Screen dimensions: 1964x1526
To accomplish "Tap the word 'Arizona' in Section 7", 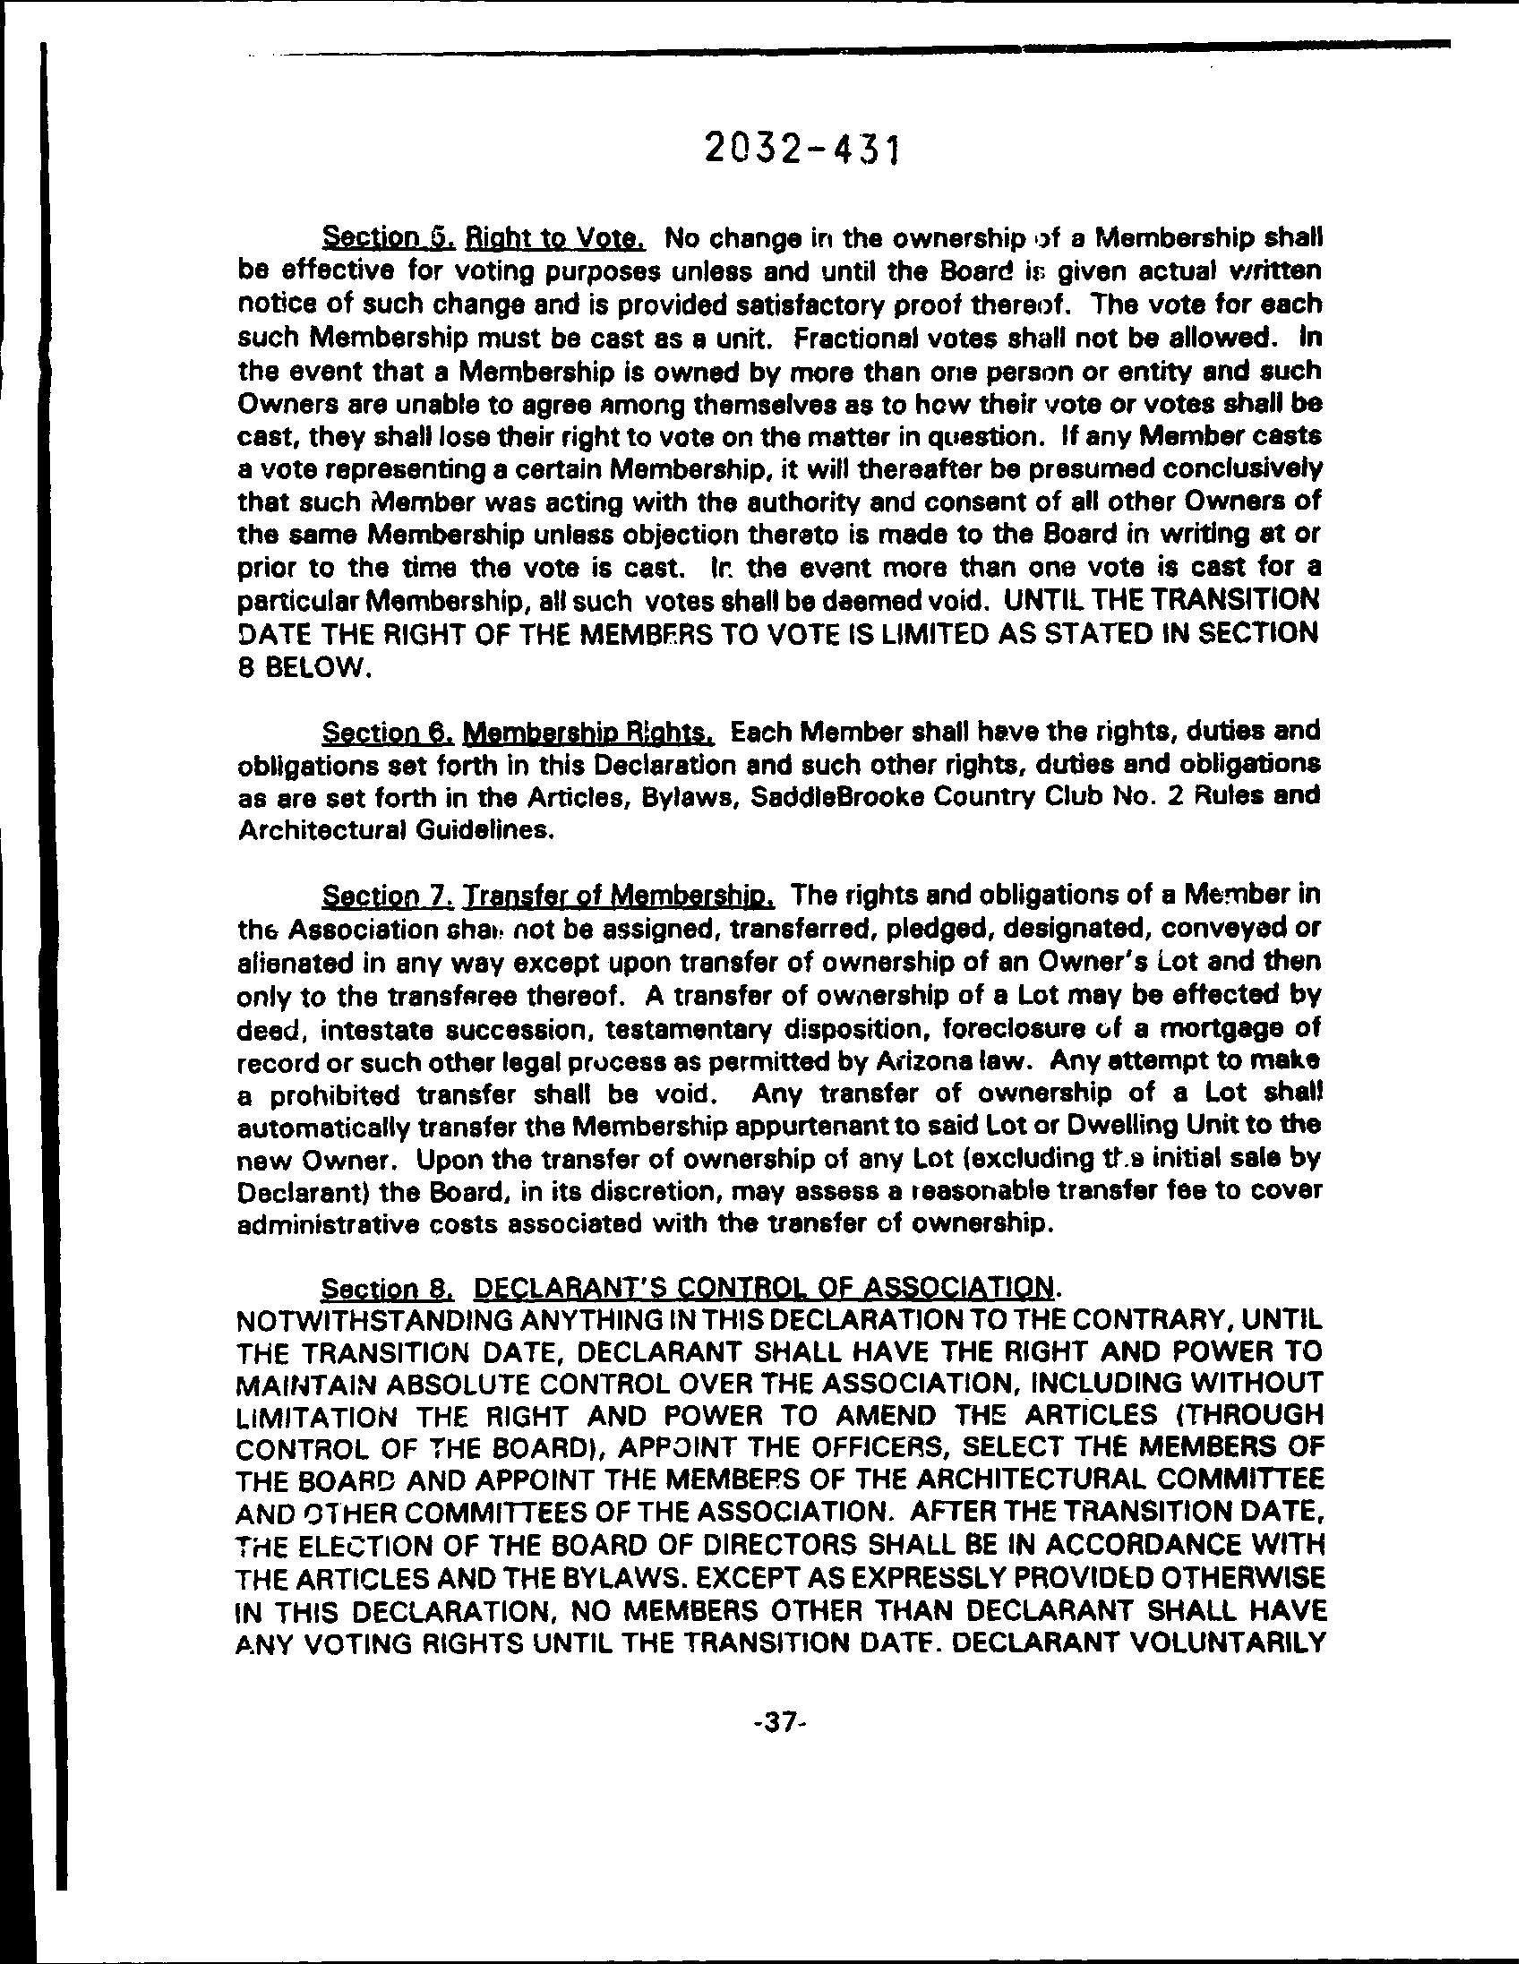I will tap(926, 1061).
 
